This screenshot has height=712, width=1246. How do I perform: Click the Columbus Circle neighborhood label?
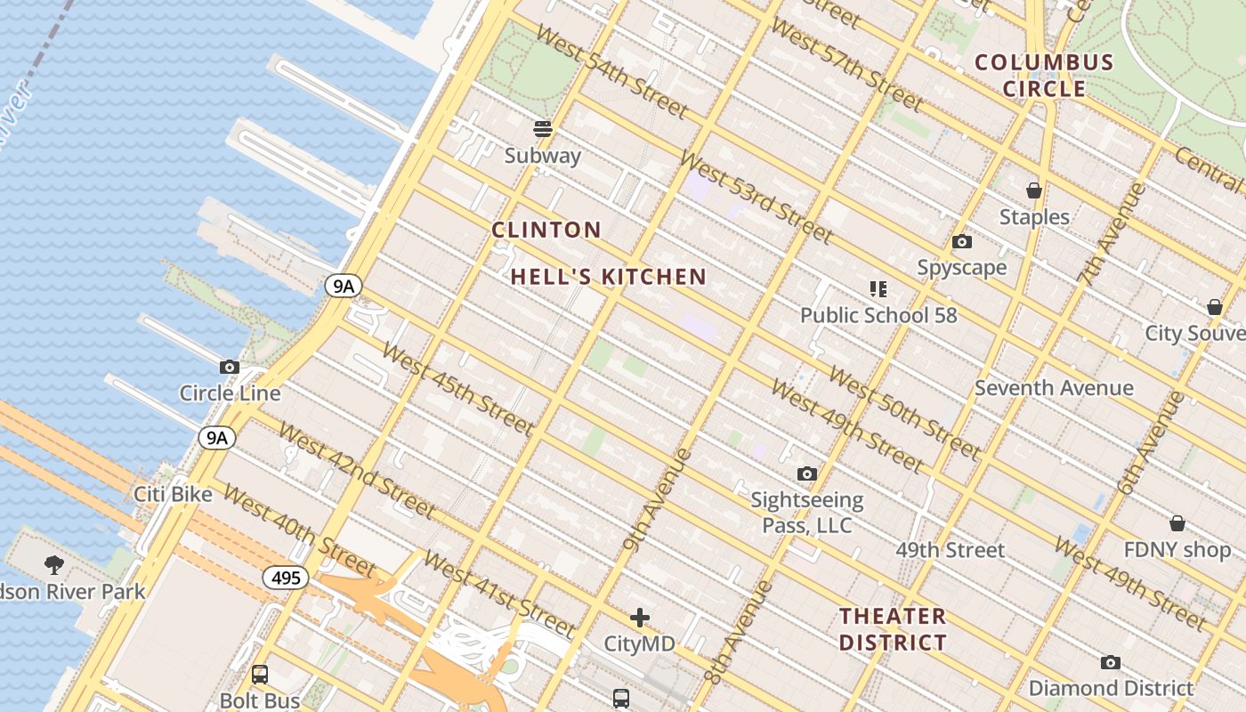click(1044, 75)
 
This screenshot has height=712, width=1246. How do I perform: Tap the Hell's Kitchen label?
click(609, 277)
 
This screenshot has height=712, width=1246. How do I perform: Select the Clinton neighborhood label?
click(546, 230)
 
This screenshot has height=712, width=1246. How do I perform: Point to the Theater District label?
click(893, 629)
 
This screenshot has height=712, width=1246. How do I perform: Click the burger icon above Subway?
click(543, 129)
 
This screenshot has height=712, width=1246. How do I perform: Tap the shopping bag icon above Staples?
click(1033, 190)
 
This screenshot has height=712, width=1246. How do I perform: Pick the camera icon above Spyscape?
click(961, 241)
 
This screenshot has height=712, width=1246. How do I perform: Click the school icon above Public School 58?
click(878, 288)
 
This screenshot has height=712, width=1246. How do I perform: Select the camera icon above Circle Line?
click(230, 367)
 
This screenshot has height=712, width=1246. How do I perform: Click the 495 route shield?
click(286, 578)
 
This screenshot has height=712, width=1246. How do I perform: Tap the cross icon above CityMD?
click(639, 618)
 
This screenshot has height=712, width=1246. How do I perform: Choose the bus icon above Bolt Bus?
click(260, 675)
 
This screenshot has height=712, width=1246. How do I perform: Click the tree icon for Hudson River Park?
click(54, 564)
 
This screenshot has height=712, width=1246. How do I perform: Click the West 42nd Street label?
click(357, 470)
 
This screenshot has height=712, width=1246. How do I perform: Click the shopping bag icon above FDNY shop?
click(1177, 523)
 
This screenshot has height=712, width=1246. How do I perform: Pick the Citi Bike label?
click(174, 494)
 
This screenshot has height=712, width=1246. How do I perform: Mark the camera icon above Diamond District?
click(1110, 662)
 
